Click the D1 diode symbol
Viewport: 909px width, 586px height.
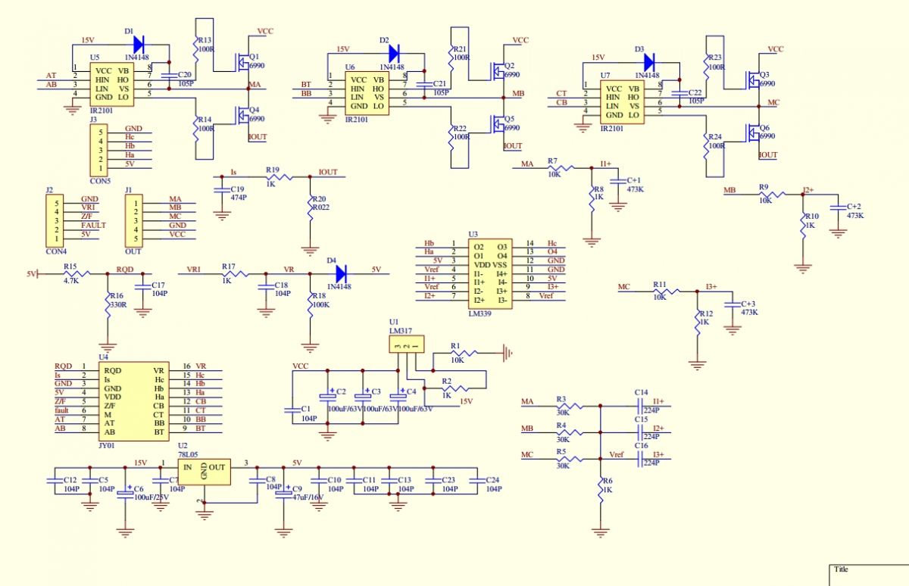point(138,45)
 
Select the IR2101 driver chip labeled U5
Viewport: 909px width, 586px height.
point(114,83)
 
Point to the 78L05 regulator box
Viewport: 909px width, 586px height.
point(204,469)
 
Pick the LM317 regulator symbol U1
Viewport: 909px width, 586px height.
point(406,345)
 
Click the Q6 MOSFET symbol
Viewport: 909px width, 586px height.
point(752,136)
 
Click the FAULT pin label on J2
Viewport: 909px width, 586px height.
point(93,225)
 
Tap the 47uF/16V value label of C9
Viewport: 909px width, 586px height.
point(308,497)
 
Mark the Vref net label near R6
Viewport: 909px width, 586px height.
point(617,454)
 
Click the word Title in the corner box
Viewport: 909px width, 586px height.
point(841,569)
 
